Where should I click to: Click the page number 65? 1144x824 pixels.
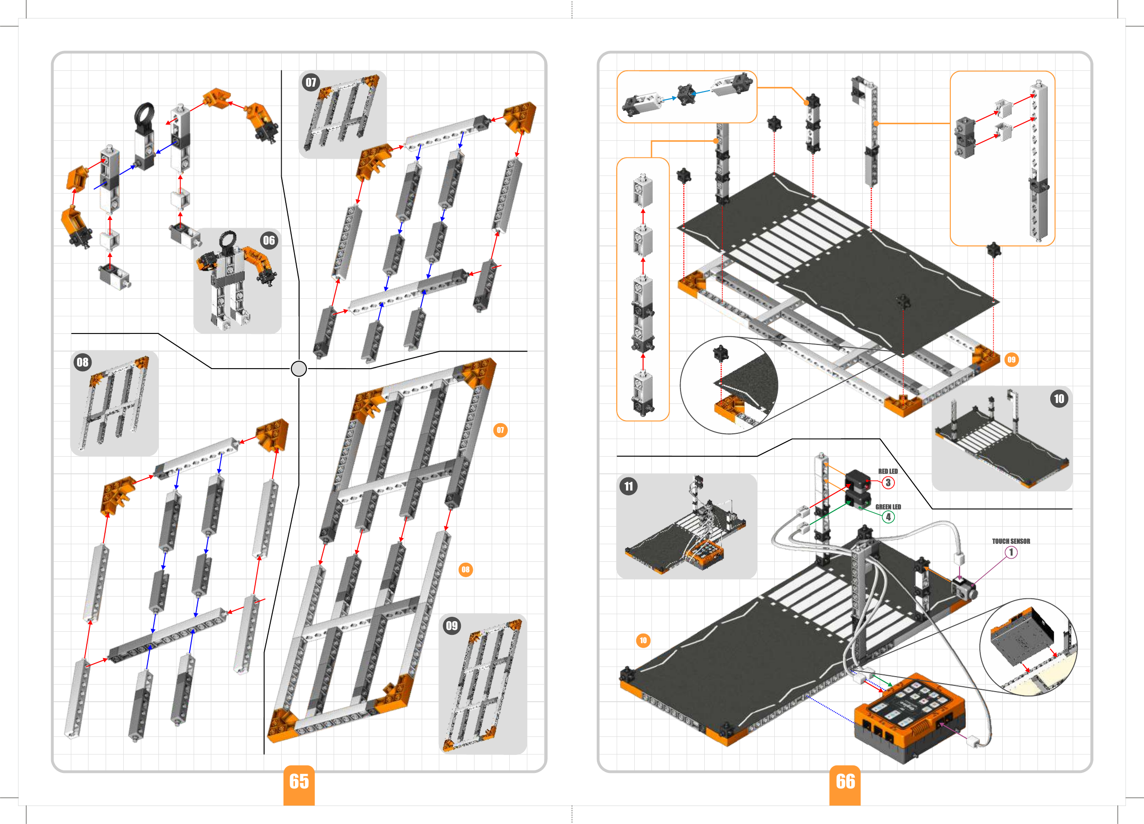point(299,781)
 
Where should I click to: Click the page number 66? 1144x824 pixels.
point(846,781)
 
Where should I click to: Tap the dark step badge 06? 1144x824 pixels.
point(269,240)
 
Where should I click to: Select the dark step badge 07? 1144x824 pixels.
point(311,82)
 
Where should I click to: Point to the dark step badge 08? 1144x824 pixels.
point(82,362)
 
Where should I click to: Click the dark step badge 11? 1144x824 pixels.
point(629,486)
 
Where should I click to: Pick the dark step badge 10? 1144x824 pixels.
point(1059,399)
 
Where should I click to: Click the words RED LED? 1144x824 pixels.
point(888,472)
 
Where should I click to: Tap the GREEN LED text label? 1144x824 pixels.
point(888,507)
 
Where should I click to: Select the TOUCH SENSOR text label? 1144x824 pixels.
point(1011,541)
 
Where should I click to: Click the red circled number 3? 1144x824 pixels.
point(888,483)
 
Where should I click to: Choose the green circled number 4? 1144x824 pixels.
point(888,517)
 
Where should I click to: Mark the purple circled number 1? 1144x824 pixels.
point(1011,552)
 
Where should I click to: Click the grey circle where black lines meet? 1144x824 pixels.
point(299,369)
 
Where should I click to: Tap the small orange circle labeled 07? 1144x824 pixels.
point(500,430)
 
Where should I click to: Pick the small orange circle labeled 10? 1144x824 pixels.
point(643,641)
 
